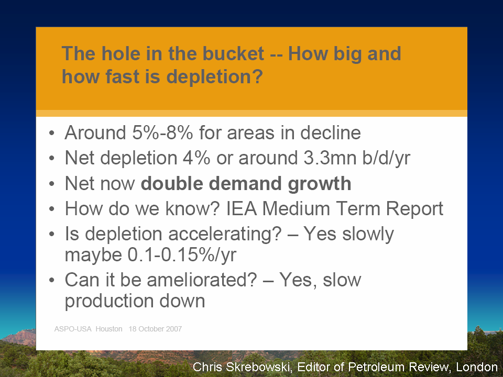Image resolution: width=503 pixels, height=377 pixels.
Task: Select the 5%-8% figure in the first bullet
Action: click(162, 132)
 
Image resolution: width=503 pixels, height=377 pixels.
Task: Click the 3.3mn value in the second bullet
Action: click(330, 158)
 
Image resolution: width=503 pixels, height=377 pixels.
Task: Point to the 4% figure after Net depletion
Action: click(196, 158)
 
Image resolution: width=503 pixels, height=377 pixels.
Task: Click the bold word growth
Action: click(320, 184)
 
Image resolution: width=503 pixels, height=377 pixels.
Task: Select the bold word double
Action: click(172, 183)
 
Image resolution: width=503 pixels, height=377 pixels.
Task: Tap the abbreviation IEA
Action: click(242, 208)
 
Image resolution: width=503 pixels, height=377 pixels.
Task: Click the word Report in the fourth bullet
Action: click(414, 209)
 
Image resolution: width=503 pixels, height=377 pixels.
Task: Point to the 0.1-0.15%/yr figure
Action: click(182, 254)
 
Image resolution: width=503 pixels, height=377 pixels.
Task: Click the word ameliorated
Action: click(202, 280)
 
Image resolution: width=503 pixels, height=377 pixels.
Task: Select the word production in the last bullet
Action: click(109, 302)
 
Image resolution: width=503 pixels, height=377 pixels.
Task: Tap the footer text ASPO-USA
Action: click(73, 329)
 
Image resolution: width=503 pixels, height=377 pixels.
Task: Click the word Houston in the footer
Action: click(109, 329)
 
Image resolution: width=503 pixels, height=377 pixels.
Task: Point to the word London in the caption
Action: click(477, 367)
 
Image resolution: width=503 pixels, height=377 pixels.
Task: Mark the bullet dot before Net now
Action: click(52, 184)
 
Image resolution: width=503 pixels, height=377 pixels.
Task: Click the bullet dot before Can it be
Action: click(52, 280)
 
